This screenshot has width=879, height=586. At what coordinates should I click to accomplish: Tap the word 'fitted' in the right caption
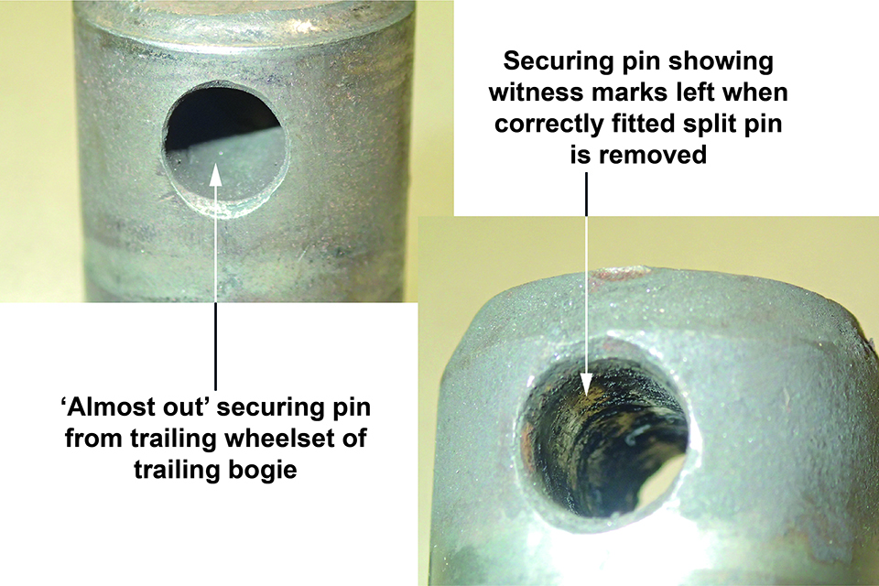click(647, 124)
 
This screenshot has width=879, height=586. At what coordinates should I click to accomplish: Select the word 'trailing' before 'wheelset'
click(177, 438)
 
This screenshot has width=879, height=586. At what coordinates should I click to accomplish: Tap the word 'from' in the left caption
click(94, 438)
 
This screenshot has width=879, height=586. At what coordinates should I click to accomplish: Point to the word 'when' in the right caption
click(759, 92)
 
